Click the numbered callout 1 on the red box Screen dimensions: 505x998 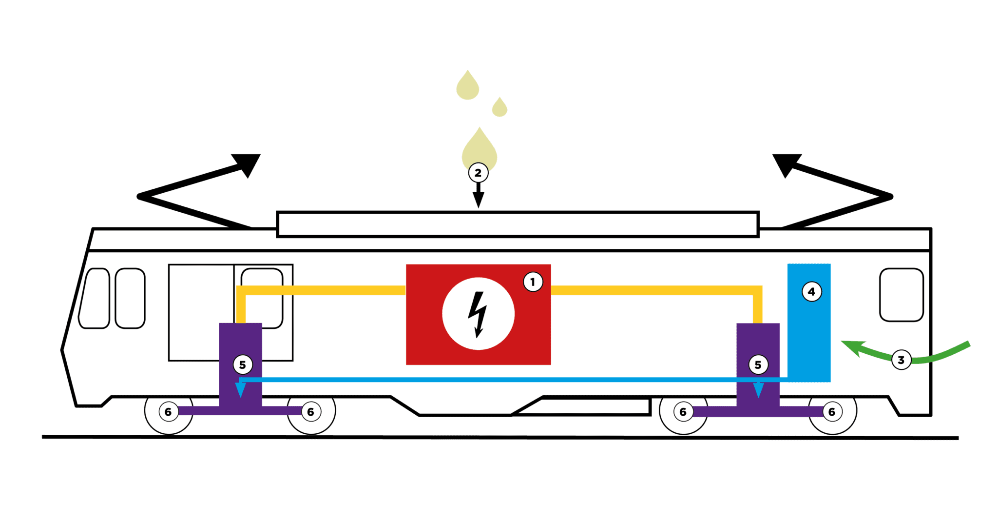[533, 282]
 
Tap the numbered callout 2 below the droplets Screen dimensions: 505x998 [478, 173]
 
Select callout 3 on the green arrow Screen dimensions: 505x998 [901, 360]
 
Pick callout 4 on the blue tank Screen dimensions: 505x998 [811, 292]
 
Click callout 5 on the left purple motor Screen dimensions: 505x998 [243, 365]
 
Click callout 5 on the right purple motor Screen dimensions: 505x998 [758, 365]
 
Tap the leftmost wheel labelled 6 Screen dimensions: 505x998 [168, 412]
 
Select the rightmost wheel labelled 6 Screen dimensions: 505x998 [832, 412]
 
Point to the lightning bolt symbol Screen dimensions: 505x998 [478, 314]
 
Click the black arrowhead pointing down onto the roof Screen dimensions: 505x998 [479, 200]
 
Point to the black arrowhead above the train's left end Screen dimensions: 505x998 [248, 164]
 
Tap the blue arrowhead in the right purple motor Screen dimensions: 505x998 [758, 390]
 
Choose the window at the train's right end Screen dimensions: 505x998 [902, 295]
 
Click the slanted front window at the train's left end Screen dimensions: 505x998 [94, 298]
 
